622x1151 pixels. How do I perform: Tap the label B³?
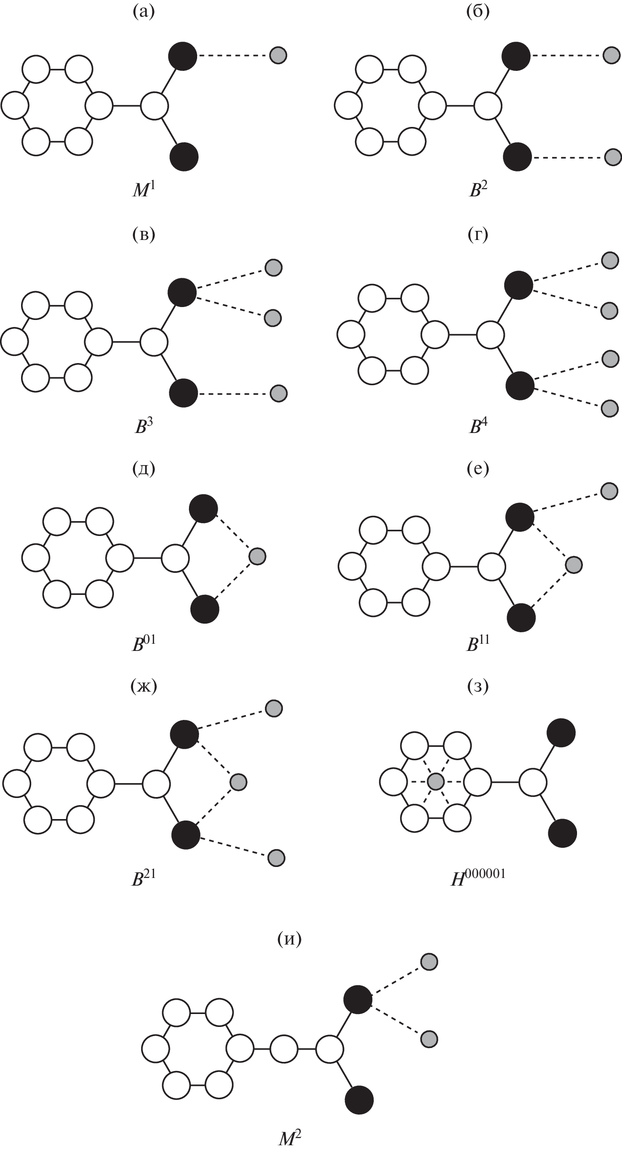[x=144, y=426]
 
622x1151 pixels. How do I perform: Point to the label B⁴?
[x=478, y=426]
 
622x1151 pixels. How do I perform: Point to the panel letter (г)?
[x=478, y=235]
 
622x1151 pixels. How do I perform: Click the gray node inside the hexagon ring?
[x=435, y=782]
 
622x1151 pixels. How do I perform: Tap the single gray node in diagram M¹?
[x=278, y=55]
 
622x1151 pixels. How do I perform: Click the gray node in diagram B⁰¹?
[x=257, y=556]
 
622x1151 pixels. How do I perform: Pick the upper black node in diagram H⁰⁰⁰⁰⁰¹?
[x=561, y=732]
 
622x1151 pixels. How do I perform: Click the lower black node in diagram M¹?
[x=184, y=156]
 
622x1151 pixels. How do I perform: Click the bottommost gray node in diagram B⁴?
[x=610, y=408]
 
